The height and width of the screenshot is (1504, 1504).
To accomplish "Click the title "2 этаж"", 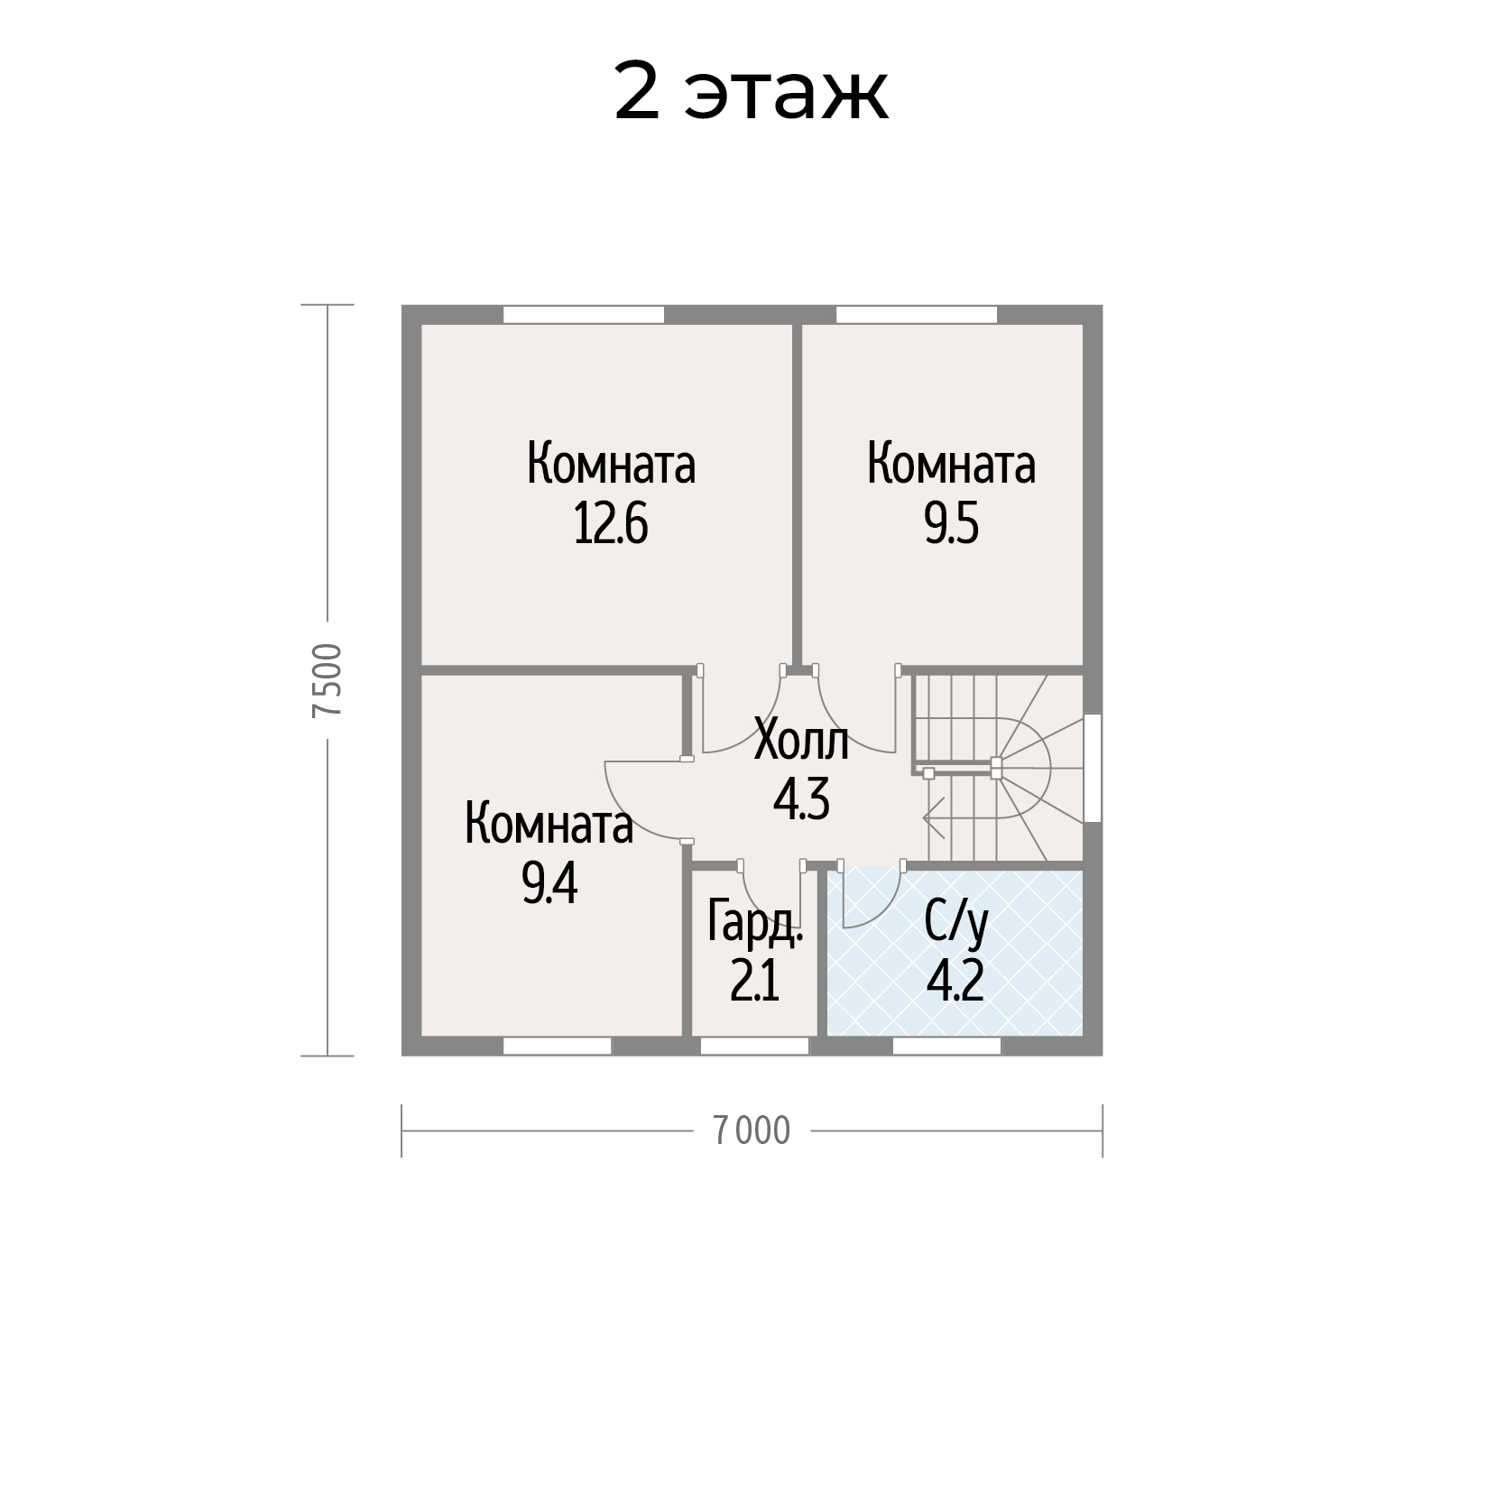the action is click(752, 92).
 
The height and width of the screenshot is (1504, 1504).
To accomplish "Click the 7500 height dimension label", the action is click(327, 680).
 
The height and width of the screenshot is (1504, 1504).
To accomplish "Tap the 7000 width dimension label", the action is click(752, 1130).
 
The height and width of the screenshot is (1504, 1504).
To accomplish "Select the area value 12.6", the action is click(611, 524).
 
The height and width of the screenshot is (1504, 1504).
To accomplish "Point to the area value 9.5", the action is click(951, 524).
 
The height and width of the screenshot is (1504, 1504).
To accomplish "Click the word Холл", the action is click(801, 743).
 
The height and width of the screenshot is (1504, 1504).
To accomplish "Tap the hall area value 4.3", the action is click(801, 800).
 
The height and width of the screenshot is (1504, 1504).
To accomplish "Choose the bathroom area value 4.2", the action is click(955, 983).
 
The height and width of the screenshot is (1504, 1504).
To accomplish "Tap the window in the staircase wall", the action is click(1093, 768).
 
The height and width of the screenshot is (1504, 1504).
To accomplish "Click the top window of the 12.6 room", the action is click(583, 315).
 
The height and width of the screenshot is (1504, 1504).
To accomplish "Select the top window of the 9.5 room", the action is click(917, 315).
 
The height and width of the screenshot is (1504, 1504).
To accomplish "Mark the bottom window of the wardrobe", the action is click(754, 1046).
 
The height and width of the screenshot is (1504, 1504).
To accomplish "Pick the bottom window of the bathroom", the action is click(946, 1046).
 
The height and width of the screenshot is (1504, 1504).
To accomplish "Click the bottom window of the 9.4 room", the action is click(557, 1046).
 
